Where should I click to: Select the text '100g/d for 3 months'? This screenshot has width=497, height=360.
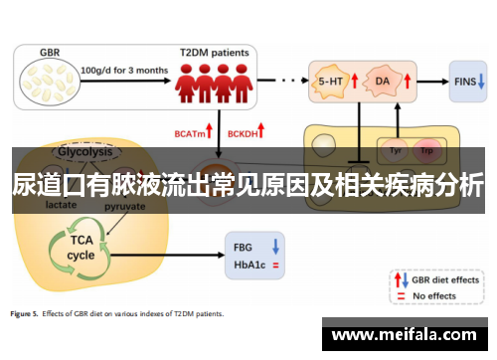pyautogui.click(x=124, y=70)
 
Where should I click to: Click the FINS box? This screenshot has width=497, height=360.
pyautogui.click(x=464, y=80)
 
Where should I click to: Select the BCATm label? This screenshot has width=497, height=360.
pyautogui.click(x=190, y=130)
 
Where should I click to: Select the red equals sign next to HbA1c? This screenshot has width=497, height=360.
pyautogui.click(x=275, y=265)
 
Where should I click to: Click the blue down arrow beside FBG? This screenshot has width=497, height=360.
pyautogui.click(x=275, y=245)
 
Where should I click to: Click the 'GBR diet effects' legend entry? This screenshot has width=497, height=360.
pyautogui.click(x=444, y=279)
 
